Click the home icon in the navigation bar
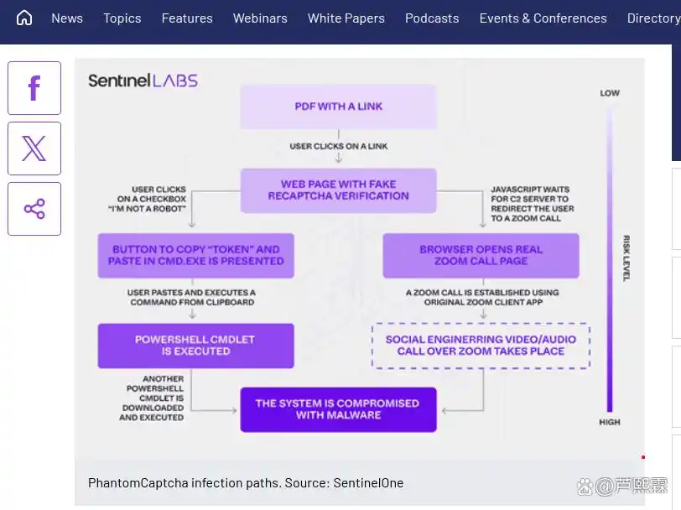24,18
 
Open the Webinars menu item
260,18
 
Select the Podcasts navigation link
432,18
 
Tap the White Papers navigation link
346,18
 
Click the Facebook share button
34,88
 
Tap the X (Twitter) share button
34,148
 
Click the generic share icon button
34,209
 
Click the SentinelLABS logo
143,81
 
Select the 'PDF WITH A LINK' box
338,107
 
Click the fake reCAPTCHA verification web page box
338,190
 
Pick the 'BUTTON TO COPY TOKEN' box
195,255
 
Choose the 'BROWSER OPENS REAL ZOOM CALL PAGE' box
481,255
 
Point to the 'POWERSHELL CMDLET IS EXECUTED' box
195,346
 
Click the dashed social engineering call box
481,346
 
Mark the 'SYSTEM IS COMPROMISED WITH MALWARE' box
338,409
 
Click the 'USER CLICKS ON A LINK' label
338,146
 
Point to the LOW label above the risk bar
610,93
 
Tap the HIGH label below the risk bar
610,422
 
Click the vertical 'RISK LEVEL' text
626,258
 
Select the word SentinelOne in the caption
368,483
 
